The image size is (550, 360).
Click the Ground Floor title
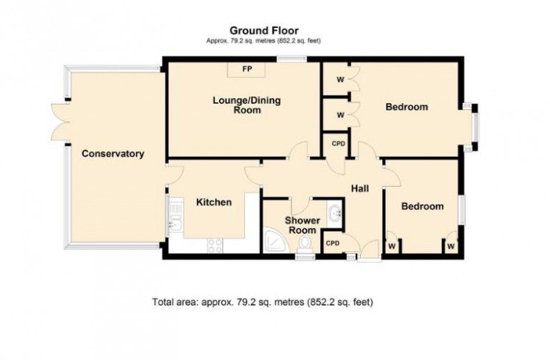tap(264, 31)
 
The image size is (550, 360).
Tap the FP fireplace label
tap(247, 69)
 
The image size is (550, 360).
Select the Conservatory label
tap(113, 154)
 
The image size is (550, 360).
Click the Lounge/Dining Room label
tap(247, 105)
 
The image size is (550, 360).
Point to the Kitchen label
tap(214, 203)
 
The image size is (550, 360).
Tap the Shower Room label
tap(302, 225)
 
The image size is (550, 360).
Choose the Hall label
tap(360, 188)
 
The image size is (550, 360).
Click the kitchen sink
tap(175, 216)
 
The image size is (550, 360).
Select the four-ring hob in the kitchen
tap(215, 245)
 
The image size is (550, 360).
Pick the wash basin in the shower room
tap(334, 213)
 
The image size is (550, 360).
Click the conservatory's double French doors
tap(60, 122)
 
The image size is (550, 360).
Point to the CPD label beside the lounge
tap(339, 144)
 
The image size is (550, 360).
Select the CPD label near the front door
tap(332, 243)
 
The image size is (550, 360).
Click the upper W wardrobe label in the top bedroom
tap(340, 80)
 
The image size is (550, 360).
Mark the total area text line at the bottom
tap(262, 302)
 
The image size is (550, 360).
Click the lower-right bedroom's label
tap(423, 206)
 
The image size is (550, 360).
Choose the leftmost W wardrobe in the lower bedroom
tap(392, 246)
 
